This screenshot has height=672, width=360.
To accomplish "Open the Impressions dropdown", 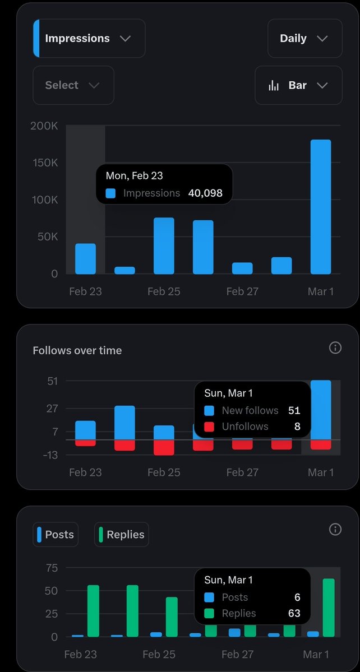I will click(x=89, y=39).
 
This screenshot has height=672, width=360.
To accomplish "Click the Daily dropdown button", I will click(x=304, y=39).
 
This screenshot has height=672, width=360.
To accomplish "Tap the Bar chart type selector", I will click(x=298, y=85).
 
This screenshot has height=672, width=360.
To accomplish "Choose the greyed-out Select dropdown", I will click(x=73, y=85).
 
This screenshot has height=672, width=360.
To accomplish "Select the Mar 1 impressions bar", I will click(x=321, y=207).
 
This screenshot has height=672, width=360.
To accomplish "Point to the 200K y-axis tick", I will click(x=44, y=126).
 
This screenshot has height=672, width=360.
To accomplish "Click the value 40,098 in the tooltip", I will click(x=205, y=193).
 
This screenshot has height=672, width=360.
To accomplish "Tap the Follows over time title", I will click(x=77, y=350).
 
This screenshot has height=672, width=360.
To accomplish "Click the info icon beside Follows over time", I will click(x=335, y=348).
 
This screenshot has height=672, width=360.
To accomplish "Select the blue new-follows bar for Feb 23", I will click(x=85, y=430).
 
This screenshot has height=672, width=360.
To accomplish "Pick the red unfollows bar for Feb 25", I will click(x=164, y=447).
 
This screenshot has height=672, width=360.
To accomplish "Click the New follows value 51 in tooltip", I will click(x=294, y=411).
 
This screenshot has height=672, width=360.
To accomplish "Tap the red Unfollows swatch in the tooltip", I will click(x=209, y=427).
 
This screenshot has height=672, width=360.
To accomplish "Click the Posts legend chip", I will click(x=56, y=535).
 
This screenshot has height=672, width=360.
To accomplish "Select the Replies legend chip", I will click(x=121, y=535).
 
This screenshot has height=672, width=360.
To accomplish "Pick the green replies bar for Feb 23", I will click(x=93, y=611).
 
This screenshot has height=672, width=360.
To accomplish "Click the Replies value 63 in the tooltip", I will click(x=294, y=613).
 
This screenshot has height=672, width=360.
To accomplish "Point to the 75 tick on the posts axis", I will click(x=52, y=568).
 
